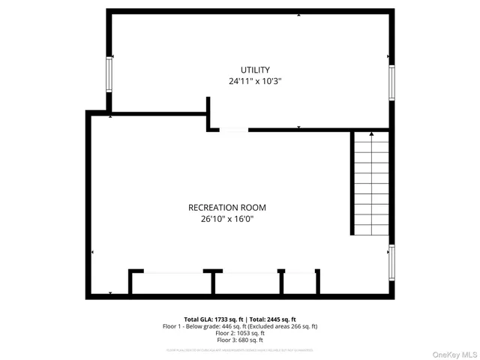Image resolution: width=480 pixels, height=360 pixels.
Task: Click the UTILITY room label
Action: coord(255,70)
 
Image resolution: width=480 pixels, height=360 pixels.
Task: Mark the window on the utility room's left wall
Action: coord(110,73)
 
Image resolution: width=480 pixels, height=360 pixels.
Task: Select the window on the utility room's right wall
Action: coord(391,82)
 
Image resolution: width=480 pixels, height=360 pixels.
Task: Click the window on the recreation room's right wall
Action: coord(391,262)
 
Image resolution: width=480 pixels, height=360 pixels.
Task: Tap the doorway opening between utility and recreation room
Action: coord(233,130)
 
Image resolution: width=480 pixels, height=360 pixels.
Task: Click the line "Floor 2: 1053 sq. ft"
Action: coord(240,333)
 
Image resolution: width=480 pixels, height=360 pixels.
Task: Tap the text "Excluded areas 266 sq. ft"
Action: coord(283,326)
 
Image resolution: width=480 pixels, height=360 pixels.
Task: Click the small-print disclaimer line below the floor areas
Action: coord(240,349)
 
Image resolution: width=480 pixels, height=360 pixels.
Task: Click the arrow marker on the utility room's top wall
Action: coord(298,14)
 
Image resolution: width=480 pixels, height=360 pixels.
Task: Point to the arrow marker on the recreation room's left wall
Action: coord(92,253)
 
